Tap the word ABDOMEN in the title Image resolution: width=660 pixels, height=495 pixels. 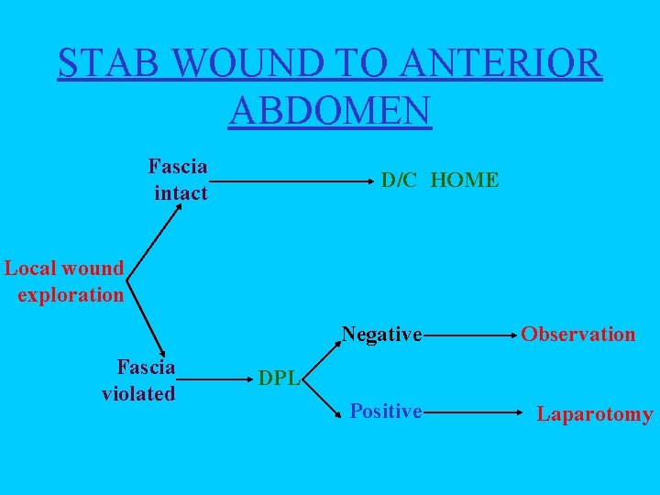tap(330, 110)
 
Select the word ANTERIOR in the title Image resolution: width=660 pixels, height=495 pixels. tap(501, 64)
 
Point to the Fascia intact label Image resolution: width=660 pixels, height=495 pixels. tap(179, 180)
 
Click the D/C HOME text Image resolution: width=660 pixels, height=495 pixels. tap(440, 181)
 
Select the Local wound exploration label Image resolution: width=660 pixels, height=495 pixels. tap(64, 281)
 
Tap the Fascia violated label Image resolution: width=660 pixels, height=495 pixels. tap(140, 380)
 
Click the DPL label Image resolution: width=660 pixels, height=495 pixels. tap(279, 378)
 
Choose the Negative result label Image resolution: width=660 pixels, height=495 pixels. tap(381, 335)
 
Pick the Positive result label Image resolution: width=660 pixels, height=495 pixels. tap(385, 412)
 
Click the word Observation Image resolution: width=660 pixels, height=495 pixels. tap(577, 335)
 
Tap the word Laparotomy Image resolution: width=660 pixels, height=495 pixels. tap(595, 414)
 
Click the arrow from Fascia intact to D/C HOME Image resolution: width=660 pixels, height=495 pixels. tap(293, 182)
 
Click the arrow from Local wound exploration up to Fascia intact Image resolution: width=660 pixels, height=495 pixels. tap(156, 229)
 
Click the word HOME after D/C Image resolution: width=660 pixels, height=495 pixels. tap(464, 181)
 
